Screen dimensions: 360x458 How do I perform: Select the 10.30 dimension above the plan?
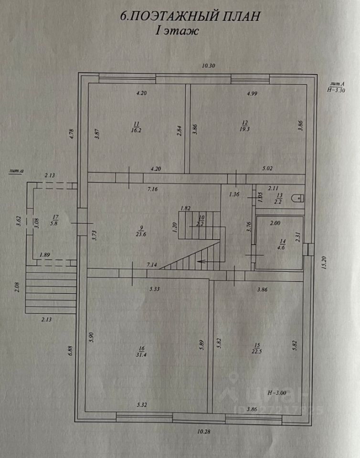pos(209,66)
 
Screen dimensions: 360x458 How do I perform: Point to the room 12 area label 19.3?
pos(246,128)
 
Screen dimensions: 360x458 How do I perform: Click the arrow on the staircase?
pos(202,261)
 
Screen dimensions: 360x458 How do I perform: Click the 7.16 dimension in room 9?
pos(153,189)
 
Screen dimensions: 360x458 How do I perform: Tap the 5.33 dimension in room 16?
pos(154,289)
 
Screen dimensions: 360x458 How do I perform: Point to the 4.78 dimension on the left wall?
pos(71,135)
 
